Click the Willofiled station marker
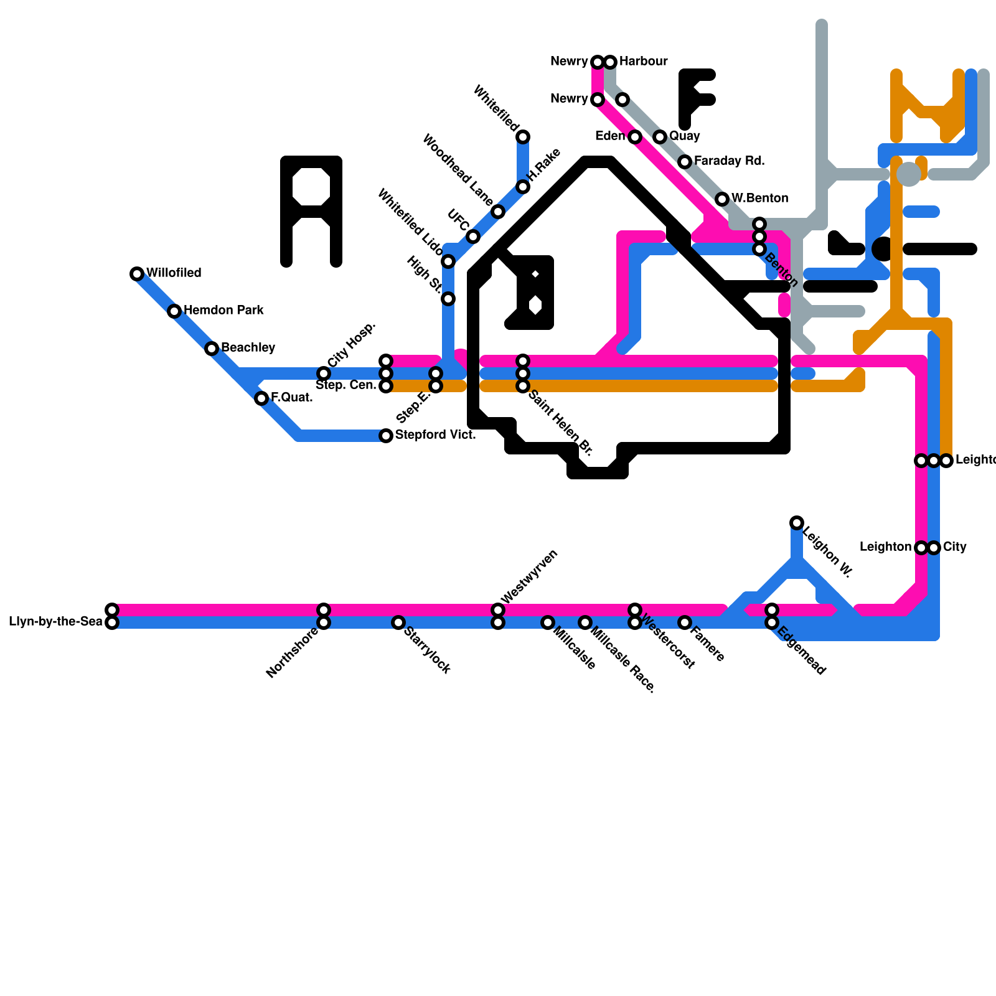[x=137, y=274]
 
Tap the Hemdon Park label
[x=223, y=310]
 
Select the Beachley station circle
[x=212, y=349]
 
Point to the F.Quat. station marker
[x=261, y=398]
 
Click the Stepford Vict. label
[x=435, y=435]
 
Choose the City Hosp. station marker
[x=324, y=374]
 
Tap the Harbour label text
[x=643, y=61]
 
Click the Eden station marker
[x=635, y=137]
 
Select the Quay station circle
[x=660, y=137]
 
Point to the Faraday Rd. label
[x=729, y=161]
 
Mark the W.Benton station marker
[x=722, y=199]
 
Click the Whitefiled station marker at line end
[x=523, y=137]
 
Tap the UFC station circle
[x=473, y=237]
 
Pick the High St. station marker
[x=448, y=299]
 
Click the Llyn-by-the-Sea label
[x=55, y=622]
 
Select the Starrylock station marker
[x=398, y=622]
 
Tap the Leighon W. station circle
[x=797, y=523]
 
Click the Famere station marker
[x=685, y=622]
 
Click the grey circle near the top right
[x=909, y=174]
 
